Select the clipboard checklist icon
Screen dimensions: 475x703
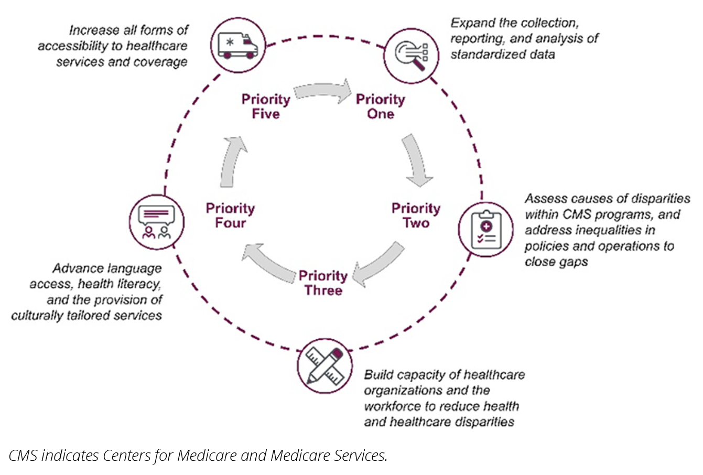click(x=485, y=230)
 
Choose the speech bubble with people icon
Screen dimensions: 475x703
click(x=156, y=221)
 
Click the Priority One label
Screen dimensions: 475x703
click(x=381, y=106)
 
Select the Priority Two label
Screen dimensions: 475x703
click(x=416, y=215)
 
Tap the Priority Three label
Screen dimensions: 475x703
click(x=323, y=283)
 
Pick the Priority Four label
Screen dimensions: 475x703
click(x=230, y=215)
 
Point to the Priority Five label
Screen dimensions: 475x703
click(x=266, y=106)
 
